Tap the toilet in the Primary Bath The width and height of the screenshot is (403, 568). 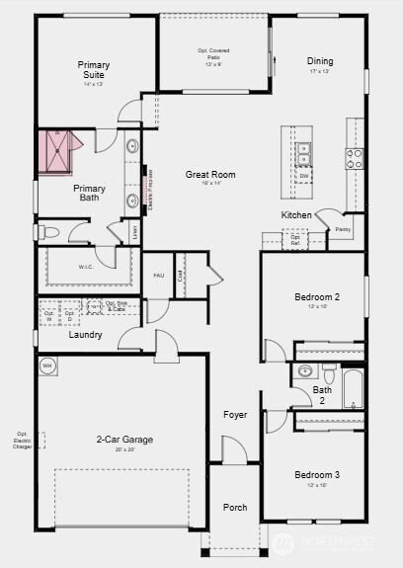(49, 232)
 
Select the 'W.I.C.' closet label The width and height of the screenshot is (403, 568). (85, 267)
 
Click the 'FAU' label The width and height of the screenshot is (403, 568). (158, 276)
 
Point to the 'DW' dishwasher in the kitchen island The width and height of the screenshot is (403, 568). (304, 176)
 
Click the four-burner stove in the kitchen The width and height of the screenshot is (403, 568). (355, 155)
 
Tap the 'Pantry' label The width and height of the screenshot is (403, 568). (342, 229)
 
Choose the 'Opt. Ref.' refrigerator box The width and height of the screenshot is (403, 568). (295, 238)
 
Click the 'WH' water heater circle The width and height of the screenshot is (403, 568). (46, 365)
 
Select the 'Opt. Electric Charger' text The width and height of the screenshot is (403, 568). (22, 441)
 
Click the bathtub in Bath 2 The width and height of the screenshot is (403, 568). (354, 388)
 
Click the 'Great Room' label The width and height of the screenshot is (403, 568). (210, 175)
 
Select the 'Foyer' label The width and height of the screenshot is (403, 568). (235, 415)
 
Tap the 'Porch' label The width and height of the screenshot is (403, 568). (235, 508)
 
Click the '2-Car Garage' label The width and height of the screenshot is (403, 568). (124, 440)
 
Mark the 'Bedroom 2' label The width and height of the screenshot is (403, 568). (317, 297)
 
